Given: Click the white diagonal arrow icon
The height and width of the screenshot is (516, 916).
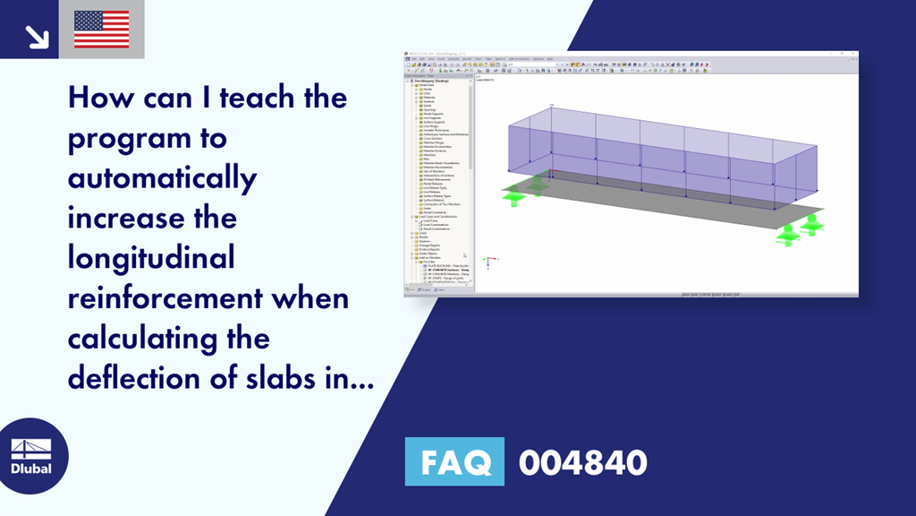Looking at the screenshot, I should point(37,36).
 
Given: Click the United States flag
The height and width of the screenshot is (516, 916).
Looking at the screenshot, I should point(101,30).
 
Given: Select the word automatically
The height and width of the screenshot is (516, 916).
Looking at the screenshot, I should point(162,177).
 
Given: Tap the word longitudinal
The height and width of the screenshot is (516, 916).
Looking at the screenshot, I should point(151,258).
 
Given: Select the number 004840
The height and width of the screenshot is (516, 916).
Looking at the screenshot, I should point(582,462).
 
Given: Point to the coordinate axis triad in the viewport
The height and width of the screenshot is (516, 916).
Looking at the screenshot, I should point(487,262).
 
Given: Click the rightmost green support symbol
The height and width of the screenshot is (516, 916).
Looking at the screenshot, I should point(811,226).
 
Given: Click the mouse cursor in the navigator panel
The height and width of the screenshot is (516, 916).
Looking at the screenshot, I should point(464,254).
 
